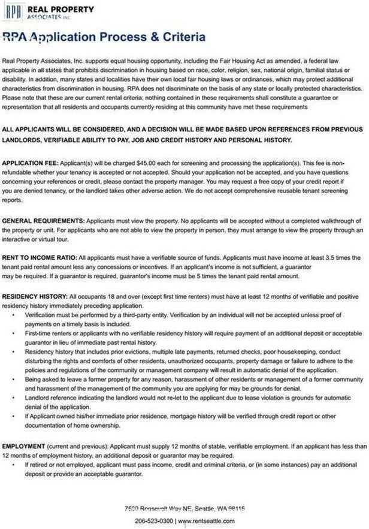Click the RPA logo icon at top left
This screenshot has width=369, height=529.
[x=12, y=11]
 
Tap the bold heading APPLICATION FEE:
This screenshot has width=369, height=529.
[x=30, y=164]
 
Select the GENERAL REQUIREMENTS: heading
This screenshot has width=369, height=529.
[x=43, y=221]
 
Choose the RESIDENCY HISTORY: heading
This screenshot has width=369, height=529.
[x=35, y=297]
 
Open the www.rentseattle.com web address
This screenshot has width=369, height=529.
[x=206, y=521]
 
